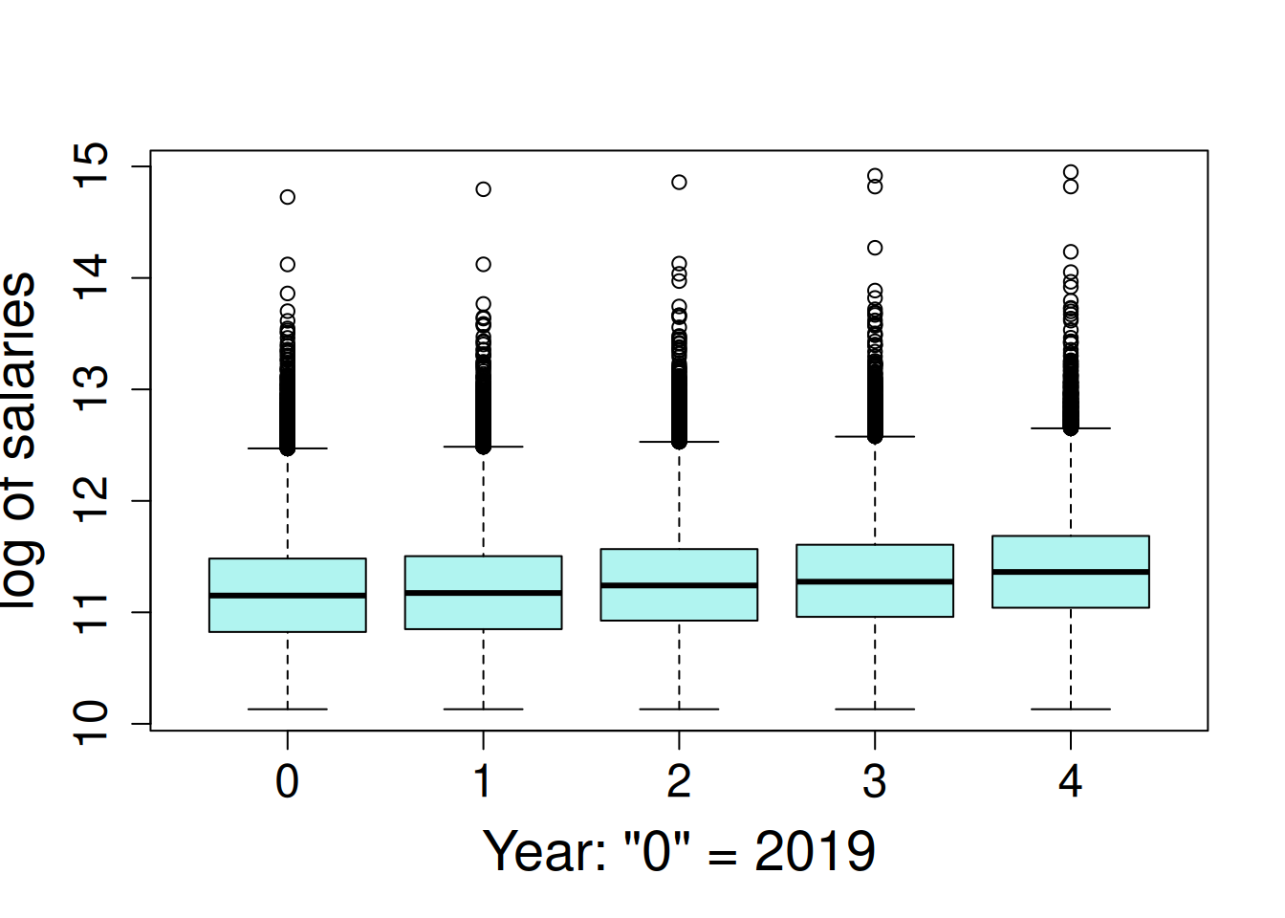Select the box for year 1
coord(483,612)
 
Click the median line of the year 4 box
coord(1070,572)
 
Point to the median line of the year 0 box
coord(287,596)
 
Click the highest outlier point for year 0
coord(288,197)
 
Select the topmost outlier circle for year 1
coord(483,189)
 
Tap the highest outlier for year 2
coord(679,182)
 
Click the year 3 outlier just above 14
coord(875,248)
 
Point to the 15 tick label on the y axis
coord(93,166)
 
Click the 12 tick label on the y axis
coord(93,500)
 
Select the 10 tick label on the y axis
coord(93,723)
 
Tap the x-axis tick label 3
coord(874,782)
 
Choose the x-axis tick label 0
coord(287,782)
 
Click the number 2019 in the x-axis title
coord(815,851)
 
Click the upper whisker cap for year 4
coord(1070,428)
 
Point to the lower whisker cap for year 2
coord(679,710)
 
